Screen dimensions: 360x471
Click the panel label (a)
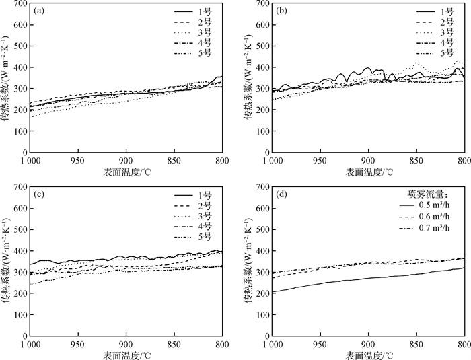(39, 11)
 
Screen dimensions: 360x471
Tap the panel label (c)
(39, 195)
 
